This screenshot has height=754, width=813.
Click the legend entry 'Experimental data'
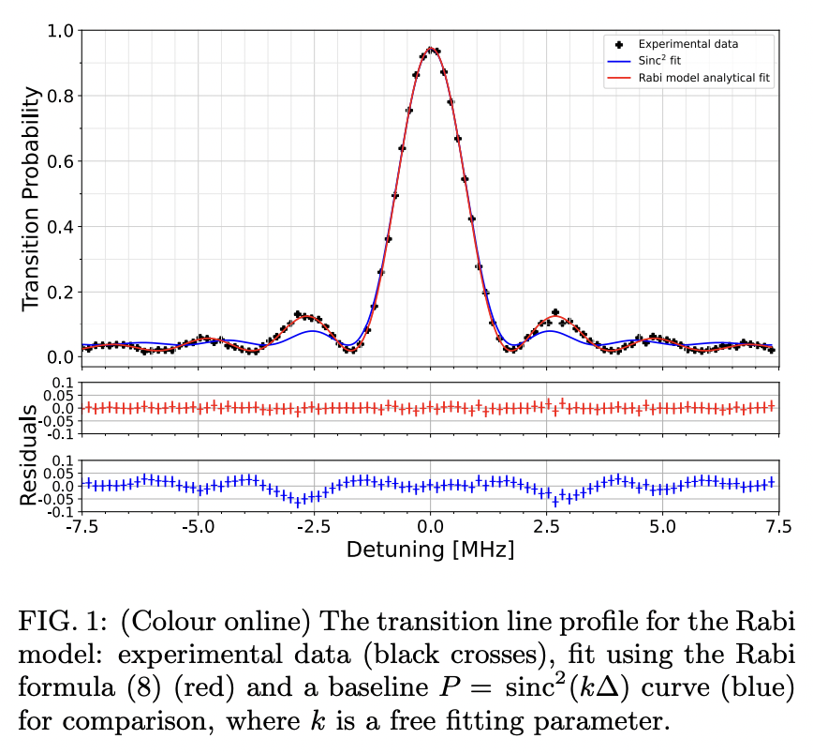(x=687, y=44)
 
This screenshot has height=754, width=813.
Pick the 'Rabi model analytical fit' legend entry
(x=704, y=79)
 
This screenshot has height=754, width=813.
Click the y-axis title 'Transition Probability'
(x=31, y=199)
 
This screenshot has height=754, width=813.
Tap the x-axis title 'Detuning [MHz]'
(x=430, y=550)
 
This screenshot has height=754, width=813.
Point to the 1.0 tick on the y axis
(x=60, y=31)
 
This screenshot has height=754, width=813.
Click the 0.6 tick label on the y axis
(x=60, y=161)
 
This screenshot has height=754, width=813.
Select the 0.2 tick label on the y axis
(x=60, y=292)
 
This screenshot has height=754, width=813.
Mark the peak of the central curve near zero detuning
(x=430, y=48)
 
